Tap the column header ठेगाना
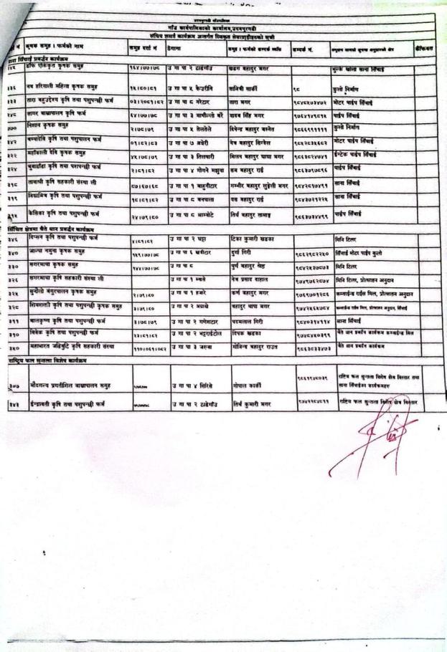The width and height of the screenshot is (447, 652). (x=176, y=48)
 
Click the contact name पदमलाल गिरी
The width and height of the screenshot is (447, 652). (x=248, y=322)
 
